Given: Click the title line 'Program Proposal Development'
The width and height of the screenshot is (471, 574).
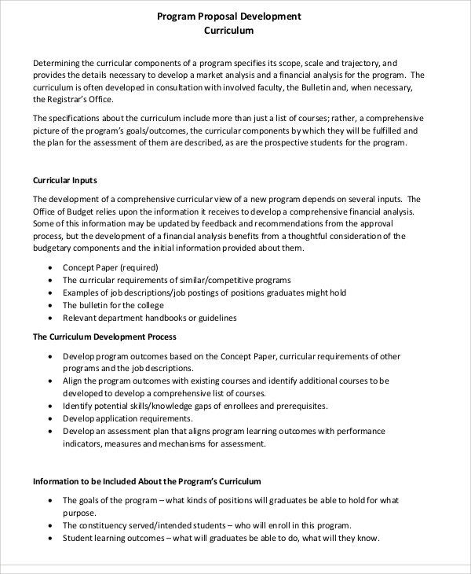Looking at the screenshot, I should point(228,16).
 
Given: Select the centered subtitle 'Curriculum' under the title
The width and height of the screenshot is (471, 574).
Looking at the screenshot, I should point(228,32).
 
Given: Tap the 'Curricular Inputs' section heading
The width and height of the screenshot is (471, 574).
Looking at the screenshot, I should point(66,180).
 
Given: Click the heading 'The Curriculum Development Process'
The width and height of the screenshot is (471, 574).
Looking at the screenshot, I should point(104,337).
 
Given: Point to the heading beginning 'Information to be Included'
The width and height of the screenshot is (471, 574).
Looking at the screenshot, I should point(146,480).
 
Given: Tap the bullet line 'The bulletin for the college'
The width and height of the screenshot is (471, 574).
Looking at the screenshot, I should point(113,305).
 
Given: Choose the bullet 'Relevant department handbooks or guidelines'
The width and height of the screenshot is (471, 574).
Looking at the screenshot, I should point(149,318).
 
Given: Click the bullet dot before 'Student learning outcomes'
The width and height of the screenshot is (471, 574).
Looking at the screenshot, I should point(51,539).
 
